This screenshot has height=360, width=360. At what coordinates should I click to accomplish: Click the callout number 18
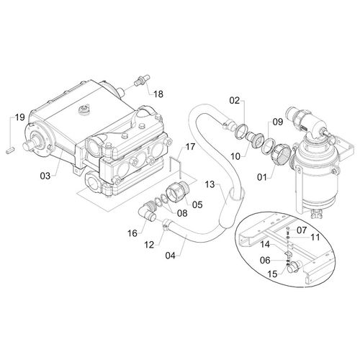(158, 94)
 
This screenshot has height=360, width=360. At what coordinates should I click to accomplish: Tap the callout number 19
(20, 117)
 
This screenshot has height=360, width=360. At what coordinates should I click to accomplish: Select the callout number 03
(45, 176)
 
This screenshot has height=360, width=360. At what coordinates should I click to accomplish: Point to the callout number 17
(191, 147)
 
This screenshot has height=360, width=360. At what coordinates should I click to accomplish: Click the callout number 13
(210, 185)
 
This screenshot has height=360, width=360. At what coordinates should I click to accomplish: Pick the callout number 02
(235, 101)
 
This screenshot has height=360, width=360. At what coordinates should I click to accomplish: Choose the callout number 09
(278, 122)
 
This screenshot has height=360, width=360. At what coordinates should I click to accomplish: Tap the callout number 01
(262, 178)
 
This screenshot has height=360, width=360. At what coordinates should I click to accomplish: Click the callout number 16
(132, 233)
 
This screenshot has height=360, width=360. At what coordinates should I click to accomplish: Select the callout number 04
(171, 256)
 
